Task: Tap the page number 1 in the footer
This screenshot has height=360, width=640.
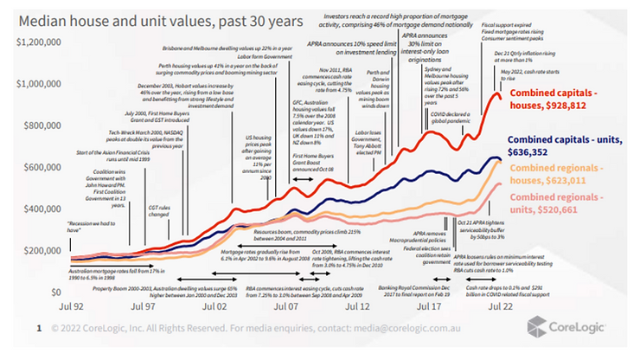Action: pos(39,329)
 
